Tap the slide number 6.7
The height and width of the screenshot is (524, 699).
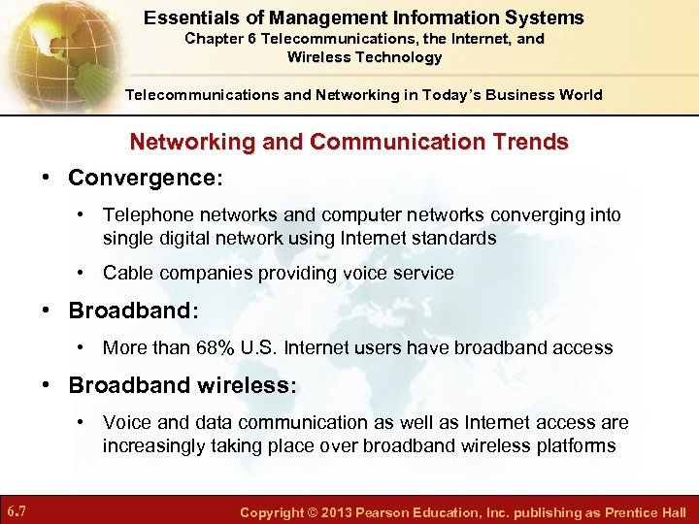[x=16, y=511]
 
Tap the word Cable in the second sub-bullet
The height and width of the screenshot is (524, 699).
[x=126, y=274]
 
